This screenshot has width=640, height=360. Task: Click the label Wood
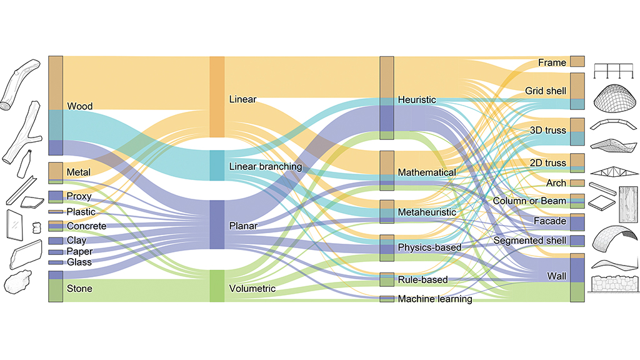tap(79, 106)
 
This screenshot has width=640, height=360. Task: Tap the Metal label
tap(78, 172)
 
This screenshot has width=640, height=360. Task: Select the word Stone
tap(79, 289)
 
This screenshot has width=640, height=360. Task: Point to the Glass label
tap(79, 262)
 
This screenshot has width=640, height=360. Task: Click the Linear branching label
tap(265, 166)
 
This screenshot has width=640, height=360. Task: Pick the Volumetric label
tap(252, 289)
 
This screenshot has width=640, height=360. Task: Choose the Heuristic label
tap(417, 99)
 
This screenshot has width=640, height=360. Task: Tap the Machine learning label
tap(435, 299)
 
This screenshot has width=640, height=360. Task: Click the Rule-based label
tap(422, 279)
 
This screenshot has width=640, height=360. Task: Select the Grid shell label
tap(545, 91)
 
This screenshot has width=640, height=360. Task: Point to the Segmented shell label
tap(529, 241)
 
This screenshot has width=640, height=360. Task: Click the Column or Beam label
tap(529, 201)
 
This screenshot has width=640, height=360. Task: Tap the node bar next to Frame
tap(577, 62)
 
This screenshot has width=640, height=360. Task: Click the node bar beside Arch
tap(577, 183)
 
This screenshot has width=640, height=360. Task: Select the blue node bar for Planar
tap(217, 224)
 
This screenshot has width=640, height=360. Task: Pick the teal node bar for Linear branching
tap(217, 165)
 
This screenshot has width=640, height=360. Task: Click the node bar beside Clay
tap(56, 241)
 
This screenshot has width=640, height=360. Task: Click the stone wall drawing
tap(614, 284)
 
